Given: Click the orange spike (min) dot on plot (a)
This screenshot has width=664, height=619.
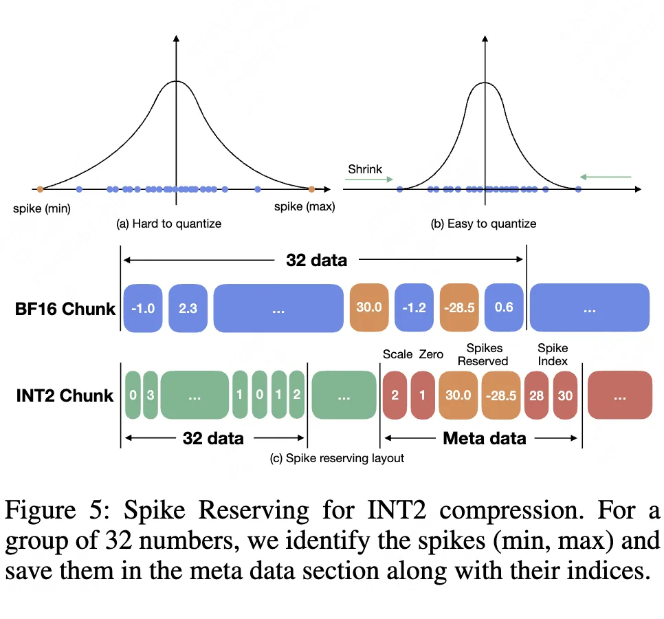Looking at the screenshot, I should tap(40, 188).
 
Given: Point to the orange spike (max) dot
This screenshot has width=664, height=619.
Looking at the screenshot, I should tap(311, 188).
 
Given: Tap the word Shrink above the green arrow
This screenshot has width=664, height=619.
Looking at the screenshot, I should tap(364, 169).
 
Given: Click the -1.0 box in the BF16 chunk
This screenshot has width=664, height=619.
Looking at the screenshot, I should tap(142, 307).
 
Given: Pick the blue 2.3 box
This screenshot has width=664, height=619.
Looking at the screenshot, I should tap(187, 307).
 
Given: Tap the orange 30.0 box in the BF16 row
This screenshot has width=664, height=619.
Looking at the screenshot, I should tap(369, 307).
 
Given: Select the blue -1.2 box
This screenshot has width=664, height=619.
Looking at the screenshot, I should tap(414, 307).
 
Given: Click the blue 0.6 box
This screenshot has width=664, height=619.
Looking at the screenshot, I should tap(504, 307).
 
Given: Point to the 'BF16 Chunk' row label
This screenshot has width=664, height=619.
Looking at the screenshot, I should tap(65, 308).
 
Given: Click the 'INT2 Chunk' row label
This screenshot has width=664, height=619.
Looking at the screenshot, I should tap(65, 395).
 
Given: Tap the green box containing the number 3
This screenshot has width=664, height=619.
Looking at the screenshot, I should tap(150, 395).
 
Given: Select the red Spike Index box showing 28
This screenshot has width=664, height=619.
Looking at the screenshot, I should tap(536, 395).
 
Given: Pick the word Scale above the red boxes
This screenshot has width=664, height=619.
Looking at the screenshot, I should tap(397, 355).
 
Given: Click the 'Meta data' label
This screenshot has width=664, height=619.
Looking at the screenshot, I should tap(485, 438).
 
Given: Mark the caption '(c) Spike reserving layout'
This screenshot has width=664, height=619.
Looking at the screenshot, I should tap(336, 458).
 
